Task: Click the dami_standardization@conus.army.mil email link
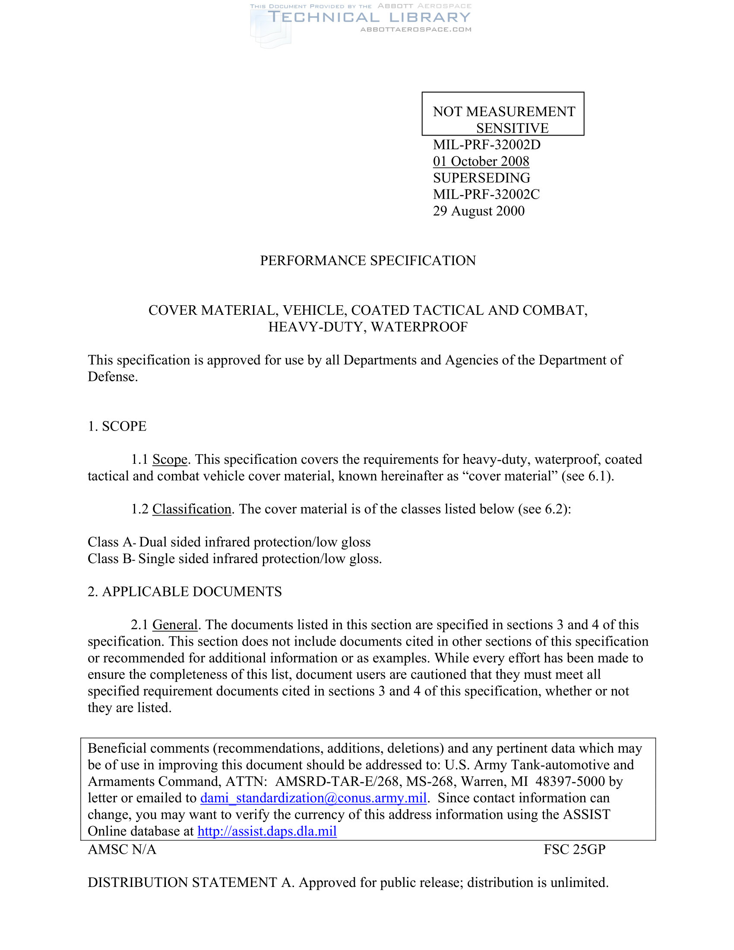pyautogui.click(x=313, y=798)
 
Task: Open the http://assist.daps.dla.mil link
pyautogui.click(x=267, y=831)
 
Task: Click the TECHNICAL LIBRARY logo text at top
pyautogui.click(x=369, y=17)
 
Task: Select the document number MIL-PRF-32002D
pyautogui.click(x=487, y=144)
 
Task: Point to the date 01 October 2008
pyautogui.click(x=481, y=161)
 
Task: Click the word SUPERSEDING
pyautogui.click(x=481, y=177)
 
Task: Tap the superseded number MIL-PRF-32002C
pyautogui.click(x=486, y=194)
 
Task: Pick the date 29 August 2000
pyautogui.click(x=479, y=211)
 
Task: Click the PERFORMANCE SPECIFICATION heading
pyautogui.click(x=368, y=260)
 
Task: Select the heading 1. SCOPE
pyautogui.click(x=117, y=426)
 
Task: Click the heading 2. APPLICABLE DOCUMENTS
pyautogui.click(x=185, y=592)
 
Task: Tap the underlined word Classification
pyautogui.click(x=192, y=509)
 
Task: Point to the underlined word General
pyautogui.click(x=175, y=625)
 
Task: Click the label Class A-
pyautogui.click(x=112, y=542)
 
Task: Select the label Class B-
pyautogui.click(x=112, y=558)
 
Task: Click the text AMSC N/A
pyautogui.click(x=122, y=849)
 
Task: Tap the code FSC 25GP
pyautogui.click(x=574, y=849)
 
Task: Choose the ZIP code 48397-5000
pyautogui.click(x=570, y=782)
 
